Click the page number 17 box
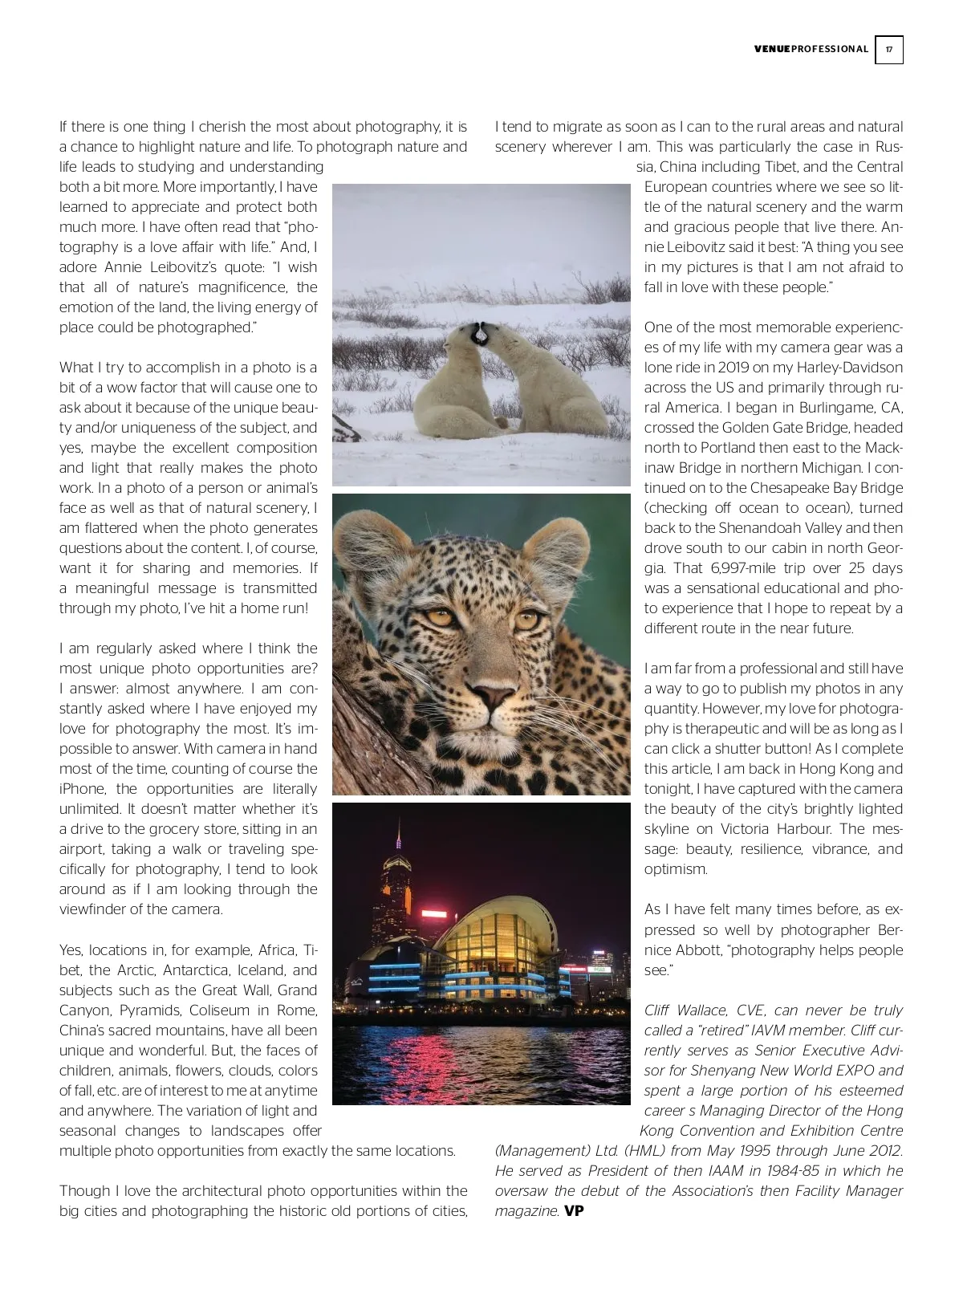pyautogui.click(x=888, y=50)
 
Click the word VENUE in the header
pyautogui.click(x=772, y=49)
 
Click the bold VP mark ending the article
pyautogui.click(x=574, y=1211)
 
